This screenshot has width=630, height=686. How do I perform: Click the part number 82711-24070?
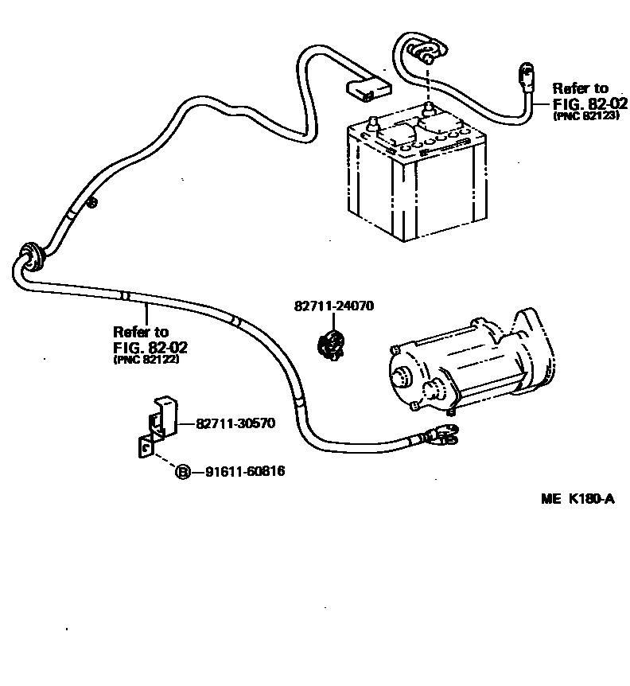(333, 306)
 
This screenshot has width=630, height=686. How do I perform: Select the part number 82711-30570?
(235, 423)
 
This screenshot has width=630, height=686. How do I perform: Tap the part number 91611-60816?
(245, 472)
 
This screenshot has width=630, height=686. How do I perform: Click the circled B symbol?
(182, 472)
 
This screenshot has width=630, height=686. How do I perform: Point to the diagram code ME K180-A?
(578, 499)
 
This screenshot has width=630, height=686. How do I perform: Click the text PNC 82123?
(585, 115)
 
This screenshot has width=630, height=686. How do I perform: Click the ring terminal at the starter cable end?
(442, 435)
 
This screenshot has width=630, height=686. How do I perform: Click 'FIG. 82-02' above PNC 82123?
(590, 103)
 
